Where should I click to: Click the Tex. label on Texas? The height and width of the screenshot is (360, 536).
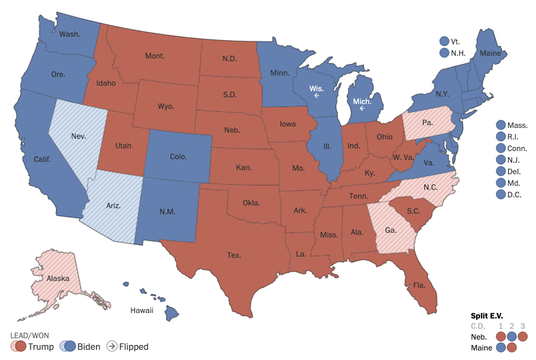[234, 256]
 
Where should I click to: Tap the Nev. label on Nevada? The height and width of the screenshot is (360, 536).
[78, 136]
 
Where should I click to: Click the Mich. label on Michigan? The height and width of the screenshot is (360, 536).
[362, 102]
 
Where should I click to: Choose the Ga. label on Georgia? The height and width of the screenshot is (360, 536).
[390, 231]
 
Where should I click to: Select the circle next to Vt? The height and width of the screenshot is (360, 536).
[444, 41]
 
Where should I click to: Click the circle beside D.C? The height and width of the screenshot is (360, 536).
[501, 195]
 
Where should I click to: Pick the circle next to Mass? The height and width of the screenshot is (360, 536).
[501, 125]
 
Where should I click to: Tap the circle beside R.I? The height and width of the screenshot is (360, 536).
[501, 137]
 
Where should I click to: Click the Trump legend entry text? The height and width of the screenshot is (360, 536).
[42, 346]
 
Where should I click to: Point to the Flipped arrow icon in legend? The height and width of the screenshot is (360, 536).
[110, 346]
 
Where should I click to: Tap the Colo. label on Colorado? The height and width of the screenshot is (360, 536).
[178, 157]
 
